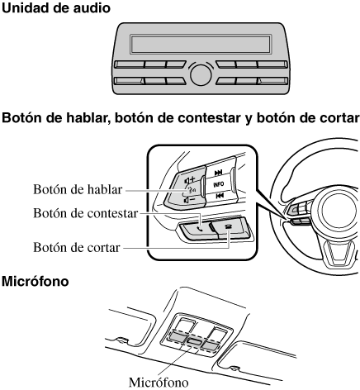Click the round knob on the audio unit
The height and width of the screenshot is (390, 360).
pos(201,74)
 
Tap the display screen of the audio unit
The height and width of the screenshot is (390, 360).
pos(201,44)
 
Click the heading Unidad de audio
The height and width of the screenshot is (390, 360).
pos(56,7)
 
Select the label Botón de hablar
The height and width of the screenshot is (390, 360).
pos(78,189)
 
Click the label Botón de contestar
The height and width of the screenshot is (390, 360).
pos(85,213)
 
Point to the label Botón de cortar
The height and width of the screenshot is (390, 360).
pos(77,247)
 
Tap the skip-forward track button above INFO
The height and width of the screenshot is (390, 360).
pos(219,173)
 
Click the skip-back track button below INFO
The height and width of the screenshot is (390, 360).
pos(220,196)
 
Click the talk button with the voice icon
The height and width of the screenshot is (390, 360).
pos(191,189)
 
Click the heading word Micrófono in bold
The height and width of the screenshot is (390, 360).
pos(35,282)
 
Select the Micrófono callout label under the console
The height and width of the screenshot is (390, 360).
pos(159,383)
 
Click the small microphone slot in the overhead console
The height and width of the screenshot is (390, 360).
pos(194,341)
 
